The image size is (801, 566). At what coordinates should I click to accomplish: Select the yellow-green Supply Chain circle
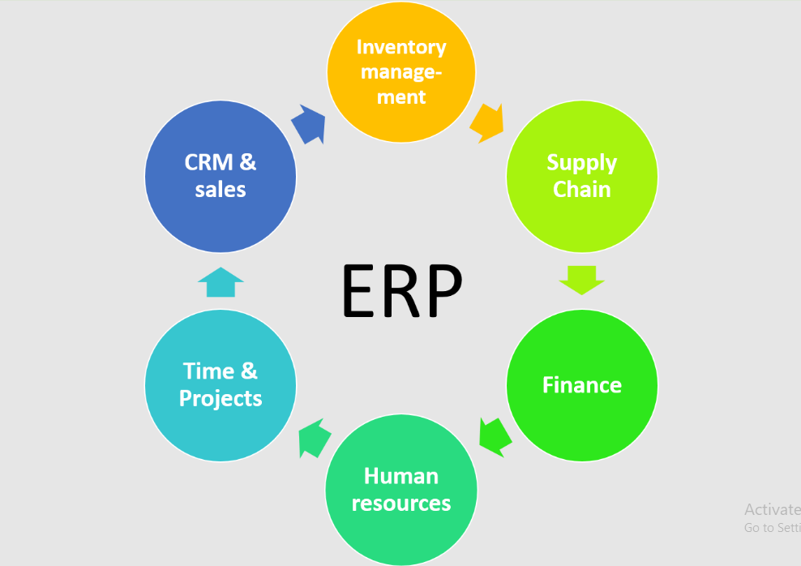(581, 176)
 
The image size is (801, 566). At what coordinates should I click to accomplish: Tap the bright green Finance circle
(581, 384)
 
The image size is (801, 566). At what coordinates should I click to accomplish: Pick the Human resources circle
(401, 490)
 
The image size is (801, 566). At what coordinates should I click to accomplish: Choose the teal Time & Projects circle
(221, 384)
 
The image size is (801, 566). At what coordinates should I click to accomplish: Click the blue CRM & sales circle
(221, 176)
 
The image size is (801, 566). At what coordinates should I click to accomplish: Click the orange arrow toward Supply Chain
(487, 122)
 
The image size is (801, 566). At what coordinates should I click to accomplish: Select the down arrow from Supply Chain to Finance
(581, 279)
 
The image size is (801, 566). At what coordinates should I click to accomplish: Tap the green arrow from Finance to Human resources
(494, 435)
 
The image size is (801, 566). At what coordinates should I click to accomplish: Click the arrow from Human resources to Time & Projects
(315, 439)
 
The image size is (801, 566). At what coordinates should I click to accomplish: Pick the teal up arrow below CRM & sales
(221, 283)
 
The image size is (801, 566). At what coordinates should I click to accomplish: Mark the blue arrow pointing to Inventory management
(309, 124)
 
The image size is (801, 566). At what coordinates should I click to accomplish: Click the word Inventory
(401, 46)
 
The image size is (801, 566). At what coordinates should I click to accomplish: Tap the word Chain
(581, 190)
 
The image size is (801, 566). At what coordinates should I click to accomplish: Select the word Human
(401, 475)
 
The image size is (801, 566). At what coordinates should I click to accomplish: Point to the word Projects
(221, 399)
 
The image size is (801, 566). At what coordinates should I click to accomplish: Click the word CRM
(208, 162)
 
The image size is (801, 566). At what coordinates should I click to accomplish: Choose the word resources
(401, 504)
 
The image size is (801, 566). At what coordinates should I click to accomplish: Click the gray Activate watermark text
(771, 510)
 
